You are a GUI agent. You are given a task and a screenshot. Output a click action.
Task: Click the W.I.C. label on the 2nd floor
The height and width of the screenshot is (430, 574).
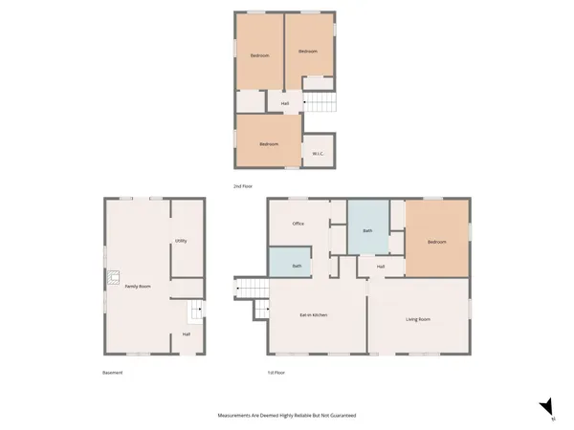pyautogui.click(x=317, y=153)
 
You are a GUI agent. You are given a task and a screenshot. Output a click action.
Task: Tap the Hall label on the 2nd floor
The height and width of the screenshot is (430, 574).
pyautogui.click(x=285, y=103)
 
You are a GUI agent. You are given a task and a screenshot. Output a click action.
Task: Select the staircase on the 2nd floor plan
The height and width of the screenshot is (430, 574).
pyautogui.click(x=320, y=102)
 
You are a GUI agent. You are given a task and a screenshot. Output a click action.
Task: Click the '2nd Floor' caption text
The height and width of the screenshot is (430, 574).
pyautogui.click(x=244, y=185)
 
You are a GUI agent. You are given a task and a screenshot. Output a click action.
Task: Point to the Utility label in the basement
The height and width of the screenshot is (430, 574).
pyautogui.click(x=181, y=241)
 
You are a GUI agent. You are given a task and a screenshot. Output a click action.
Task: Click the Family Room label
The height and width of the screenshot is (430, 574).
pyautogui.click(x=139, y=287)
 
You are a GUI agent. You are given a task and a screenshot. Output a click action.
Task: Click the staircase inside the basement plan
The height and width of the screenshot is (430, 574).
pyautogui.click(x=194, y=311)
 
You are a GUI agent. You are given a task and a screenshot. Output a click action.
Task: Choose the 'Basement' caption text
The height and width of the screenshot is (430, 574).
pyautogui.click(x=113, y=372)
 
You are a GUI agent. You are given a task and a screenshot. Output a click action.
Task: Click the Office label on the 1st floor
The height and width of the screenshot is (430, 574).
pyautogui.click(x=298, y=224)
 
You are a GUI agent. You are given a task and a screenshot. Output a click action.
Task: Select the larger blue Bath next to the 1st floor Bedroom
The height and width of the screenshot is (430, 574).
pyautogui.click(x=367, y=229)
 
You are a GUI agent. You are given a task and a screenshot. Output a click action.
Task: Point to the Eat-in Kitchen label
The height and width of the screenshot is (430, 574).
pyautogui.click(x=315, y=314)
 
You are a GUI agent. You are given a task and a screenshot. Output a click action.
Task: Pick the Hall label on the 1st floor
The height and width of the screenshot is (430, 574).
pyautogui.click(x=381, y=267)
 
